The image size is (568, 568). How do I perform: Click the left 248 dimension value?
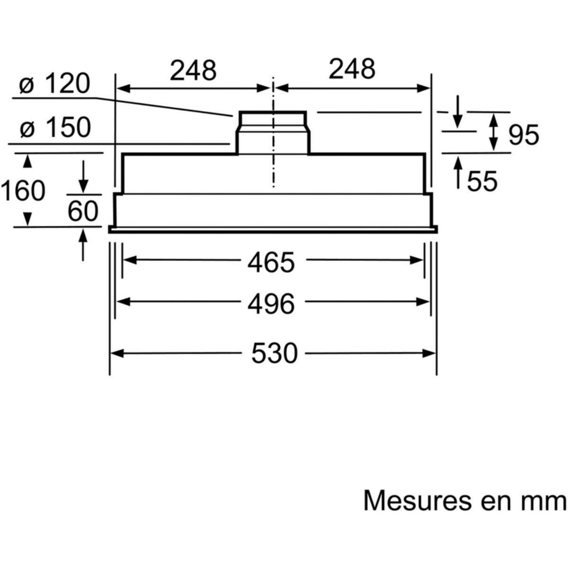coord(193,70)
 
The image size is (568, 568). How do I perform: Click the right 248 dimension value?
coord(352,69)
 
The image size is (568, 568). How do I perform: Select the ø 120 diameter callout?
coord(54,85)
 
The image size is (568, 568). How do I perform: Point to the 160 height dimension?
coord(23,191)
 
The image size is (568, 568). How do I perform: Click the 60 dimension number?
coord(82,211)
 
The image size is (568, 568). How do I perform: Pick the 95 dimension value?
coord(524,136)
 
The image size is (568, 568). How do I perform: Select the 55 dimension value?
coord(482,182)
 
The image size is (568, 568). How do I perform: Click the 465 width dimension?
coord(271,262)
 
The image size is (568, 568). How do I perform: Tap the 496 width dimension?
coord(271,303)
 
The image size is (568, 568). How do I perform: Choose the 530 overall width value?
coord(274,353)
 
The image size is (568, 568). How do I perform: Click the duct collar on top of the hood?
coord(272,133)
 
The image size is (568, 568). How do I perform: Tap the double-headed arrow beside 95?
coord(493,132)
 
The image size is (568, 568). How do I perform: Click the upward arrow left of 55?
coord(458,173)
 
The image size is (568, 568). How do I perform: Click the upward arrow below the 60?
coord(84,244)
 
